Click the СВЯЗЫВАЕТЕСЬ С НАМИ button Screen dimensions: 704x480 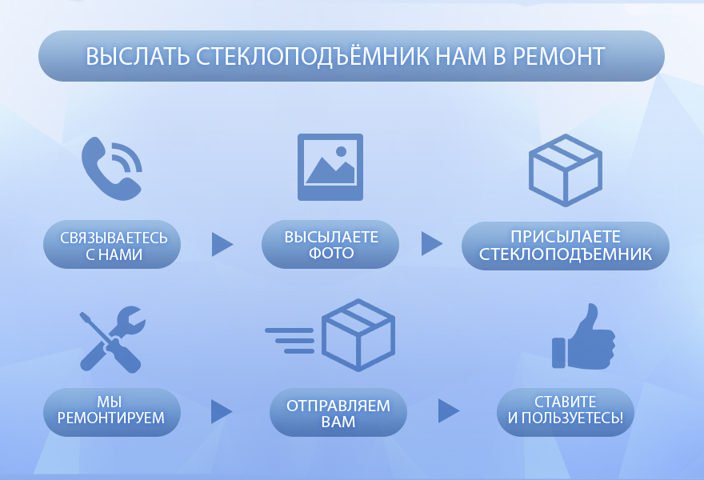coord(112,244)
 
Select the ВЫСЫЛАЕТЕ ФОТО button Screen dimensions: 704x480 coord(330,244)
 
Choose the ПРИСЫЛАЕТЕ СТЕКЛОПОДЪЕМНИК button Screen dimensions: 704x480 coord(566,246)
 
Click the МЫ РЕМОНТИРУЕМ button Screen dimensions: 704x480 coord(112,412)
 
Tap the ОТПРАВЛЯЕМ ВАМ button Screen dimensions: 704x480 coord(338,412)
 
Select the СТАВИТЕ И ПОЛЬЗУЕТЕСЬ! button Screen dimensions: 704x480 coord(566,412)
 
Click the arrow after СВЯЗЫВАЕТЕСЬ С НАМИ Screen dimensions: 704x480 coord(222,244)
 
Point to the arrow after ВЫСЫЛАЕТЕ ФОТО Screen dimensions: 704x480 coord(431,244)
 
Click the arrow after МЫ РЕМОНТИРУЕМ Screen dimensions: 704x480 coord(222,411)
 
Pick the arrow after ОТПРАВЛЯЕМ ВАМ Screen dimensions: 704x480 coord(449,410)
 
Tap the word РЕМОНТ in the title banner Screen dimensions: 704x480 coord(558,56)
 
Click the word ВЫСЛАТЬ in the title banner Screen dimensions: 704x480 coord(138,57)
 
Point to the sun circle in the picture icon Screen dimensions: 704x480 coord(342,151)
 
